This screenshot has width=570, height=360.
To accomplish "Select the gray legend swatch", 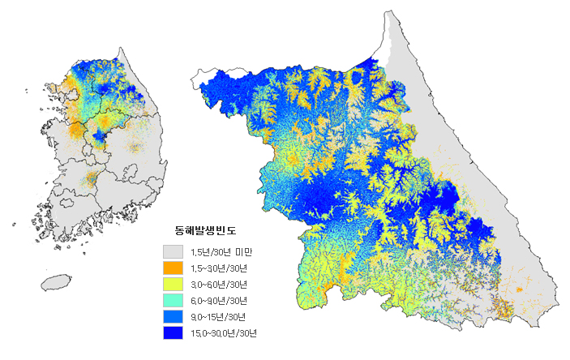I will pos(171,251).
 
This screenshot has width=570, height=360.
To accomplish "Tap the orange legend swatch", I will pos(171,268).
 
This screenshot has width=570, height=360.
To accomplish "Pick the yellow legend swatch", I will pos(171,284).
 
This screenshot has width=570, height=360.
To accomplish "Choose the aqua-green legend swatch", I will pos(171,300).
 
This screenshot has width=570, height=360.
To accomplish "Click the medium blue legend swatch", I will pos(171,316).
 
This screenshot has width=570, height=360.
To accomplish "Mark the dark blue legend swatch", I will pos(171,332).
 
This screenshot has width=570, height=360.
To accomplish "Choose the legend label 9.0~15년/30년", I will pos(216,317).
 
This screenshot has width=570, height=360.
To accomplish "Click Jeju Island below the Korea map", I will pos(56,282).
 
